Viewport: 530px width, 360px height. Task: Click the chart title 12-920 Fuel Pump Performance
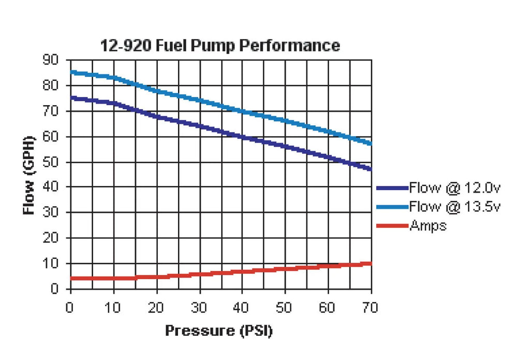tap(220, 46)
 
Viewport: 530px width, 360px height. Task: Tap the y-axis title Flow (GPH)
tap(30, 175)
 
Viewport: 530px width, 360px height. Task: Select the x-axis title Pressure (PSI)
tap(218, 330)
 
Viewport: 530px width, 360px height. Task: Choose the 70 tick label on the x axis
tap(370, 307)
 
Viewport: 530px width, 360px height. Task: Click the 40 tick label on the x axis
tap(242, 307)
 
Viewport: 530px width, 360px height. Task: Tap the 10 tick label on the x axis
tap(113, 307)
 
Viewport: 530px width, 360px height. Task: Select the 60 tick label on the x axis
tap(327, 307)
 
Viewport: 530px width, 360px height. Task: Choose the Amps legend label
tap(428, 226)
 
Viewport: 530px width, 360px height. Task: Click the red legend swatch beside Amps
tap(393, 226)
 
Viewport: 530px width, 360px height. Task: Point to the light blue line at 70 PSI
tap(371, 143)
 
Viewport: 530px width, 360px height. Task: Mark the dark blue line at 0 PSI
tap(71, 97)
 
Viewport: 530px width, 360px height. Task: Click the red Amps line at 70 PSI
tap(371, 263)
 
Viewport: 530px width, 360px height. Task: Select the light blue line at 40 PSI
tap(242, 111)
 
